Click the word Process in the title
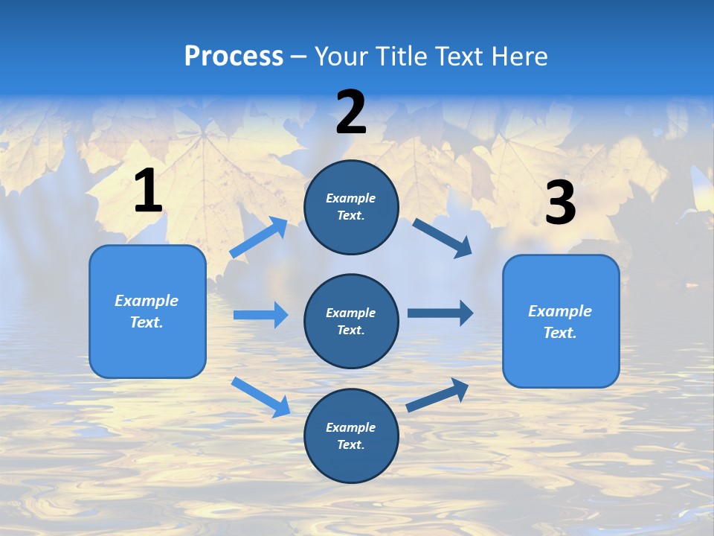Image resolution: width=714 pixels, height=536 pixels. pyautogui.click(x=234, y=56)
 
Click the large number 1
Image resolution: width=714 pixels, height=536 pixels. pyautogui.click(x=148, y=191)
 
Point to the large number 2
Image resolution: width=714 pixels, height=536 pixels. pyautogui.click(x=351, y=112)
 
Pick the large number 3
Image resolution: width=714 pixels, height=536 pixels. pyautogui.click(x=560, y=203)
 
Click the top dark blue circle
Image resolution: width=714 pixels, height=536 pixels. pyautogui.click(x=351, y=207)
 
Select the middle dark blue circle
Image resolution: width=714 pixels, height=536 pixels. pyautogui.click(x=351, y=322)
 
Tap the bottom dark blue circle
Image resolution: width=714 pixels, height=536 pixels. pyautogui.click(x=351, y=436)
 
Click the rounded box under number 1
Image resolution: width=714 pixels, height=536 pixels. pyautogui.click(x=147, y=311)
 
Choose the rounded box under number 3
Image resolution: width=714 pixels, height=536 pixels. pyautogui.click(x=561, y=322)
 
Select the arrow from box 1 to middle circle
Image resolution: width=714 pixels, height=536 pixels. pyautogui.click(x=260, y=315)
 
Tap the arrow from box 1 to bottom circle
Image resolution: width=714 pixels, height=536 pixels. pyautogui.click(x=260, y=397)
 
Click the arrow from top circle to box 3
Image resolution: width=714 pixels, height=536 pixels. pyautogui.click(x=443, y=237)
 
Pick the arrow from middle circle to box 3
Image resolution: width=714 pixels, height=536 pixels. pyautogui.click(x=440, y=313)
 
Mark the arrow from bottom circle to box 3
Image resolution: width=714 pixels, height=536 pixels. pyautogui.click(x=437, y=395)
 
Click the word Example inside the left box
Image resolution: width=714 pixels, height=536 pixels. pyautogui.click(x=147, y=301)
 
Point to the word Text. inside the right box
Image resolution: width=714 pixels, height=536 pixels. pyautogui.click(x=560, y=333)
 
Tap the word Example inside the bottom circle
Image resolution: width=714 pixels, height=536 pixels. pyautogui.click(x=351, y=427)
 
